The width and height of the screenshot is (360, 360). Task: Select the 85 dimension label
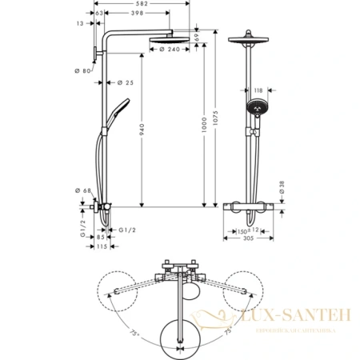[x=101, y=236]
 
